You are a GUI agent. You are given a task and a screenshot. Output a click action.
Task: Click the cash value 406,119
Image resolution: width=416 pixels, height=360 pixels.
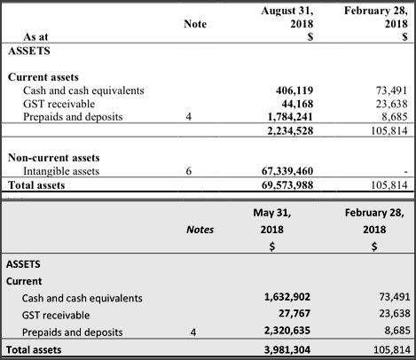pos(294,90)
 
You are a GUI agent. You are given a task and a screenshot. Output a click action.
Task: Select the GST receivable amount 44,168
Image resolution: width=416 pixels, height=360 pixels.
pos(297,104)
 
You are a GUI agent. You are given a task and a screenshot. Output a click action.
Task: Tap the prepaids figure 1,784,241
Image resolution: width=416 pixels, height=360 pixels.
pos(290,117)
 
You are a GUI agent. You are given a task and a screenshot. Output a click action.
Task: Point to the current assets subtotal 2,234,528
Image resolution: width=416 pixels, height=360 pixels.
pos(290,130)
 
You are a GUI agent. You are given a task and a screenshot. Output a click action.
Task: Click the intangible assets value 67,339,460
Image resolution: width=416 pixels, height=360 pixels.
pos(287,171)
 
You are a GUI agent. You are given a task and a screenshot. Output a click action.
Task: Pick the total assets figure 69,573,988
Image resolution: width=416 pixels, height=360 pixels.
pos(287,185)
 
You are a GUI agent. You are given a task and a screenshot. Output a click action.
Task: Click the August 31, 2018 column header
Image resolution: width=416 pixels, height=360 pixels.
pos(287,17)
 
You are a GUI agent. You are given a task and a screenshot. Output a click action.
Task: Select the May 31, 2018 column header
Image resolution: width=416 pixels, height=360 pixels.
pos(272,221)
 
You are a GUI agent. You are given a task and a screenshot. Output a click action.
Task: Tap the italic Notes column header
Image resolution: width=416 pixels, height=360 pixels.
pos(200,230)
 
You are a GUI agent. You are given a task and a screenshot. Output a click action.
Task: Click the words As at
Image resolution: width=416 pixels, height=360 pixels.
pos(35,37)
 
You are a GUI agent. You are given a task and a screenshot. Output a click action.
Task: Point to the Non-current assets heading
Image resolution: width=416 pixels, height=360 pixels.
pos(54,158)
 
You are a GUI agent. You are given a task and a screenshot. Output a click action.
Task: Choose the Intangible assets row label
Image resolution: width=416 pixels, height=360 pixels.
pos(61,171)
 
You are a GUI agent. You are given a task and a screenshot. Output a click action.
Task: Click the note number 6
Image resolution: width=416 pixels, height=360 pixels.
pos(189,171)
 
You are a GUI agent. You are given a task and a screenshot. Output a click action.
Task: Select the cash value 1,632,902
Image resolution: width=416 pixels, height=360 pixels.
pos(287,297)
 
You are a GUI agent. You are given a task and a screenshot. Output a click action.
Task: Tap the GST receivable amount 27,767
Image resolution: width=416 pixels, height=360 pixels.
pos(294,313)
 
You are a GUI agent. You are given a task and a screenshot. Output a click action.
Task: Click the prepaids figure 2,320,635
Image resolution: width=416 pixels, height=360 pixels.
pos(287,330)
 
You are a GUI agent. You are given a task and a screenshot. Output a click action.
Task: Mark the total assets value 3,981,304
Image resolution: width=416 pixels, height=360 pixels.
pos(287,350)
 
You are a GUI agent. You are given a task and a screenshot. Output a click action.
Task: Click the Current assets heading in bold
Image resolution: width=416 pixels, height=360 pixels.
pos(43,77)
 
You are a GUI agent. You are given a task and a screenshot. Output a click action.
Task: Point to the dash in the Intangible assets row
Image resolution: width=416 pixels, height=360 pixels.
pos(406,171)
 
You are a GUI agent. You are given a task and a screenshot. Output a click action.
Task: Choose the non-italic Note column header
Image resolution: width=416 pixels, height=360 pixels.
pos(195,24)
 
